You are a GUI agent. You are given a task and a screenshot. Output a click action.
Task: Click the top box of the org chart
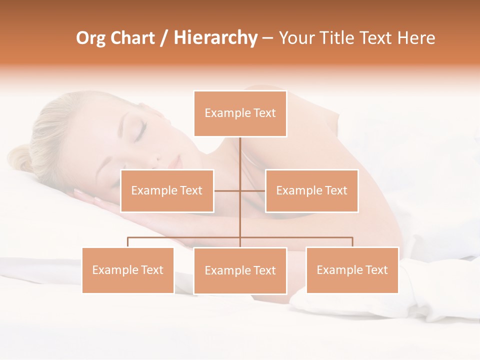(240, 113)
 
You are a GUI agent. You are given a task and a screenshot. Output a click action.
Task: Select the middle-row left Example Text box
(167, 191)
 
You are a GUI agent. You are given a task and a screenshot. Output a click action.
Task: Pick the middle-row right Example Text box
(311, 191)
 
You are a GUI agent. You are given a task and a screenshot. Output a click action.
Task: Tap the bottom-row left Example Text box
(128, 270)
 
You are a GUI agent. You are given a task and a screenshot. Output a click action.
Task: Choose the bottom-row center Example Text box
(240, 270)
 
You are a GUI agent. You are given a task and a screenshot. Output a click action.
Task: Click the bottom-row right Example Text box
(352, 270)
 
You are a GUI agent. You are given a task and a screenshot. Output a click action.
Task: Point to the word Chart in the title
(132, 38)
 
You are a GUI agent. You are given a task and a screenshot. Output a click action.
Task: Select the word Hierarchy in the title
(215, 38)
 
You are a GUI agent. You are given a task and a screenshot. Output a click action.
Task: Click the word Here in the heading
(416, 38)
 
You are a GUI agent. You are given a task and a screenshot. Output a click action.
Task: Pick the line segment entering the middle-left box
(226, 191)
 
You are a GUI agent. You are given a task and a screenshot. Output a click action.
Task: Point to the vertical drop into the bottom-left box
(128, 242)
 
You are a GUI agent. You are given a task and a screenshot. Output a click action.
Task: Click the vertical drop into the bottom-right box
(352, 242)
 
